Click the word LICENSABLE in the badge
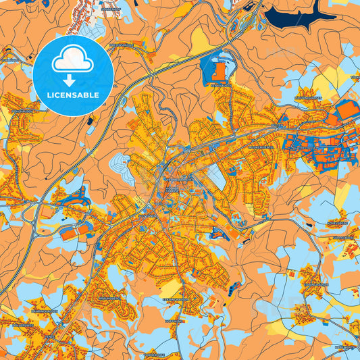(x=73, y=95)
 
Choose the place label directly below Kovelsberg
(x=346, y=238)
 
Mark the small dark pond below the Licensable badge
(x=90, y=121)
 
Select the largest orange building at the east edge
(x=346, y=109)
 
